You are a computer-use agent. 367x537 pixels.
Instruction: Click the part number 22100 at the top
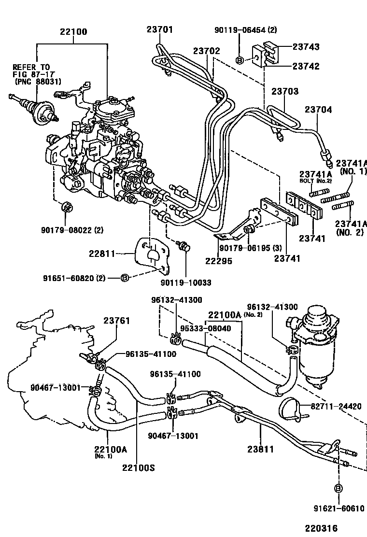tap(73, 32)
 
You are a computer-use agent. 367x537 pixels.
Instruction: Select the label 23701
tap(160, 29)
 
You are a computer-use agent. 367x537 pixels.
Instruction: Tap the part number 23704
tap(318, 110)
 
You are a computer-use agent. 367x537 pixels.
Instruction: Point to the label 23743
tap(306, 47)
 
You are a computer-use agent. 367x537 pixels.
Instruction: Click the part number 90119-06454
tap(242, 30)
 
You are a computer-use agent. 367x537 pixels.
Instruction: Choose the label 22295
tap(219, 261)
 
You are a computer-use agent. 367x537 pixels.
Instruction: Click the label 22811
tap(101, 252)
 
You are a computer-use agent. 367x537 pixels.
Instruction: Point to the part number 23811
tap(260, 449)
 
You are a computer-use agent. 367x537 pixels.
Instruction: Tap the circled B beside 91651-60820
tap(124, 278)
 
